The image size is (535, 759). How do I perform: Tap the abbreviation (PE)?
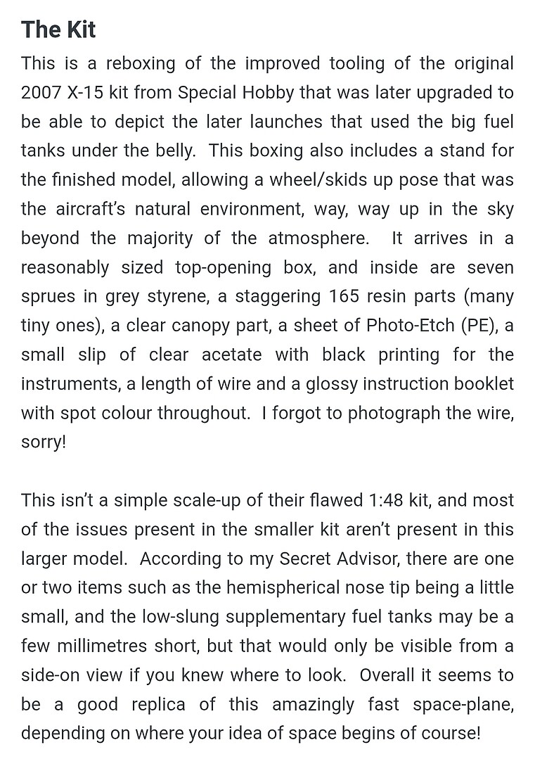(478, 325)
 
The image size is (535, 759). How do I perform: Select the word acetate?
(231, 355)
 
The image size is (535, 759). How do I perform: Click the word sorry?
(44, 443)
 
